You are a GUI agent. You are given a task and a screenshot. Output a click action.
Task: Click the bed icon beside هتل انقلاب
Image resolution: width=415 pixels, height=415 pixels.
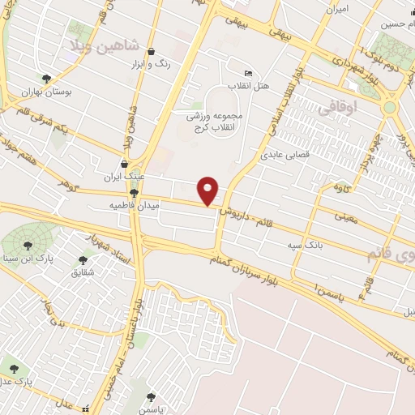pyautogui.click(x=248, y=72)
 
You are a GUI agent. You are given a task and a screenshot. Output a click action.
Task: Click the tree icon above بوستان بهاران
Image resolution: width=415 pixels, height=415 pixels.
pyautogui.click(x=47, y=79)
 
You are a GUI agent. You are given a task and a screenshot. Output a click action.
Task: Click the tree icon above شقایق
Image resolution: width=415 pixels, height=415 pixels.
pyautogui.click(x=82, y=260)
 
